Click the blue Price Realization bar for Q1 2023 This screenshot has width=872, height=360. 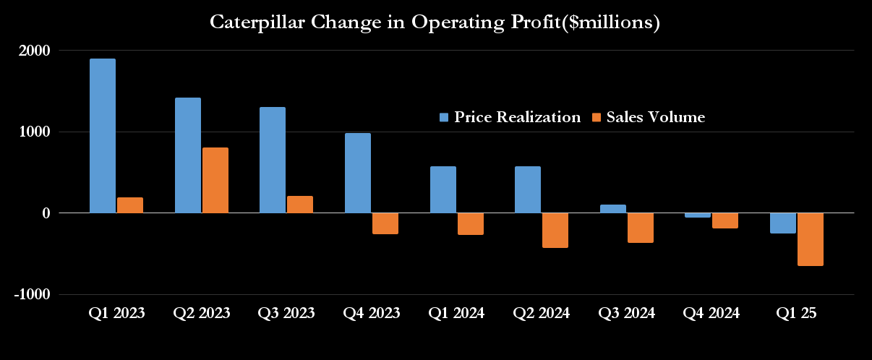102,136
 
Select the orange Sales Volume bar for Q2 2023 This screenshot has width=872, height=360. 215,180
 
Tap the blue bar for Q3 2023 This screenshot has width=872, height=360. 273,160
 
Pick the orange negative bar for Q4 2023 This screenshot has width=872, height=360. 385,223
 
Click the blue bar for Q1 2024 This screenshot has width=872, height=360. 443,189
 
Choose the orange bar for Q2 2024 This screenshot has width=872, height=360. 555,230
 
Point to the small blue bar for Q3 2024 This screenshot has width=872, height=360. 612,209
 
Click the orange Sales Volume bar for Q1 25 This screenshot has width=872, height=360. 810,239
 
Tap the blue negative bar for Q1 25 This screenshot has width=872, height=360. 782,223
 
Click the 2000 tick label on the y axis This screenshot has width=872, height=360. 34,51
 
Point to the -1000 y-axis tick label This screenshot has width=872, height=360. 31,295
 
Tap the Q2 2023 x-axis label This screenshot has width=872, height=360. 202,314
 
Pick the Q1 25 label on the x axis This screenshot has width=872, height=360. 796,314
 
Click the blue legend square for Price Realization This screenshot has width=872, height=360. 444,117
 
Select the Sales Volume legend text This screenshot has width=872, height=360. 655,117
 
